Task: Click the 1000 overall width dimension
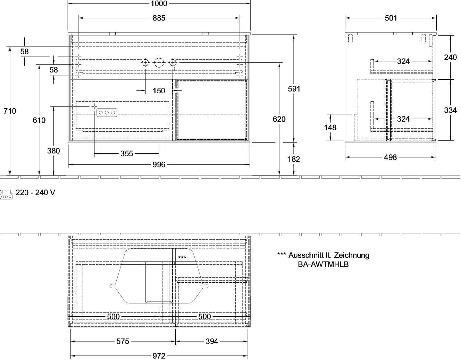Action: tap(159, 3)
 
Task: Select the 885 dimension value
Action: tap(159, 18)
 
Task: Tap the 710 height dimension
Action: tap(10, 111)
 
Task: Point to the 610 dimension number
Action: tap(39, 120)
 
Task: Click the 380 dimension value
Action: tap(53, 151)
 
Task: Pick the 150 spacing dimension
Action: tap(159, 91)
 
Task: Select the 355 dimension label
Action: tap(127, 154)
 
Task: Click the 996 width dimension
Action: tap(159, 165)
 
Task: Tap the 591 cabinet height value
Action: tap(294, 89)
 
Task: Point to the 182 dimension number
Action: tap(294, 159)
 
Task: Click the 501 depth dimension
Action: tap(391, 18)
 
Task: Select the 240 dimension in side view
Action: tap(450, 58)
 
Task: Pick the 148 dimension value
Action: tap(330, 128)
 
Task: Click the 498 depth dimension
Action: tap(390, 157)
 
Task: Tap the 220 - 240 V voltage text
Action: tap(35, 192)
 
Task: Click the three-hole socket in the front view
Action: tap(107, 113)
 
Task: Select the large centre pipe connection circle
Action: tap(159, 63)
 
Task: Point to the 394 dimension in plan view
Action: tap(212, 341)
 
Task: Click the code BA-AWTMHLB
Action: tap(323, 264)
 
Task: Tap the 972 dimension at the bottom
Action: tap(159, 356)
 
